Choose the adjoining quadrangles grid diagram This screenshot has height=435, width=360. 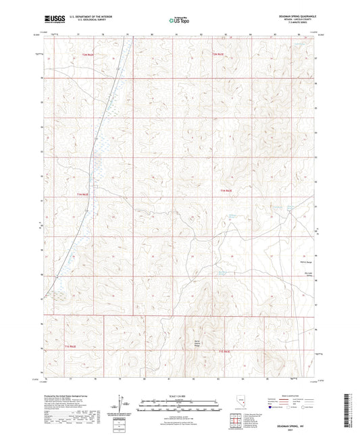(234, 422)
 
